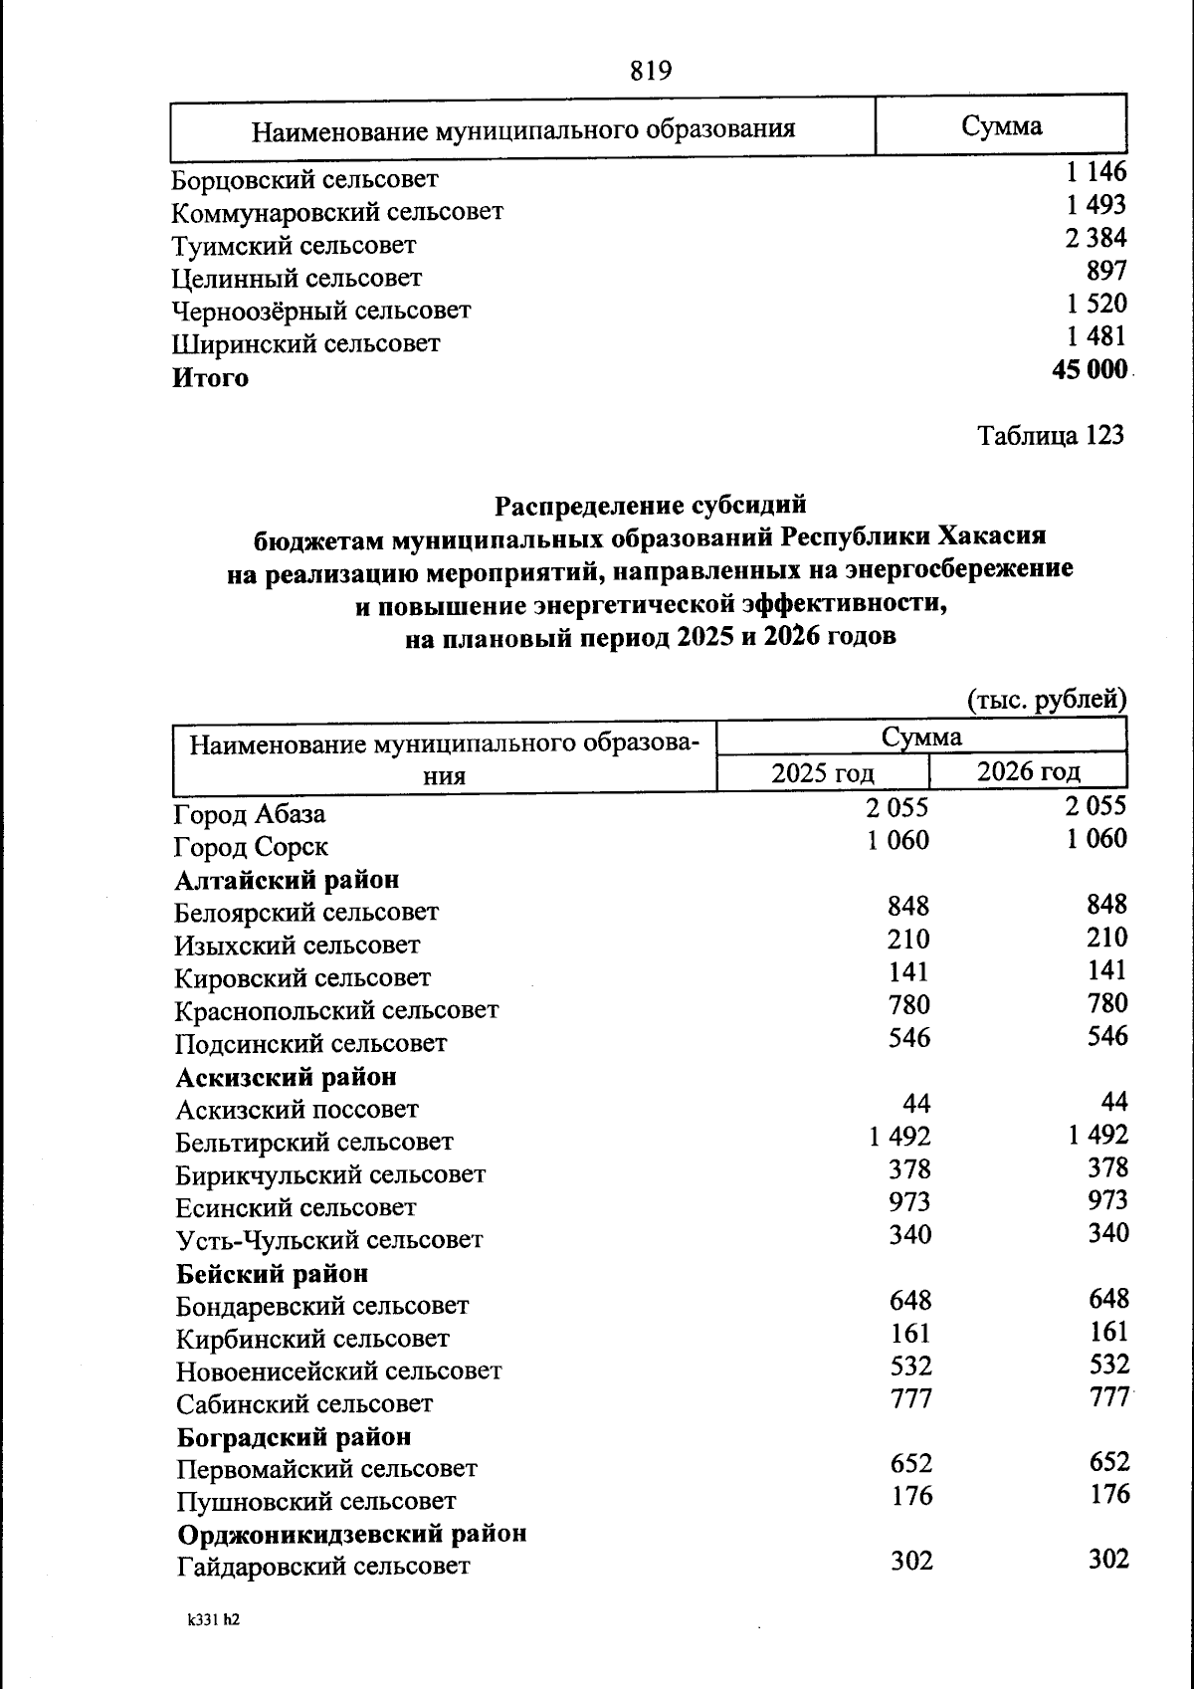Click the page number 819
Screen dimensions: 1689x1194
click(x=651, y=72)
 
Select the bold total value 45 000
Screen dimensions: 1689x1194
click(x=1089, y=370)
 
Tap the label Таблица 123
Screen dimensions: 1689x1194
click(x=1050, y=436)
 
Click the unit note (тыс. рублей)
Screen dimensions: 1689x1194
click(x=1047, y=700)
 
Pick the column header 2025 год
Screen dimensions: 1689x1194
click(x=823, y=772)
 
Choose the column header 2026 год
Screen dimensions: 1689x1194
click(x=1028, y=771)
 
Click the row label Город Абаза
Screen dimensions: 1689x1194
click(x=250, y=814)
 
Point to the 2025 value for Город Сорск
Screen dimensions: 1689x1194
click(x=897, y=841)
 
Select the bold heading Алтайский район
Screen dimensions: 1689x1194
click(x=288, y=880)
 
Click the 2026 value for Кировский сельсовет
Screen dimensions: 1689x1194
click(x=1107, y=970)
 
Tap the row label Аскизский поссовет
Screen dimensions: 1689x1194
click(x=298, y=1109)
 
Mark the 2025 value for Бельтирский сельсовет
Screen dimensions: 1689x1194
click(x=899, y=1136)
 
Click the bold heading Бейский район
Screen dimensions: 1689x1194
click(x=273, y=1273)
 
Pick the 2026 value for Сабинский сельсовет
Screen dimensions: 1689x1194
click(x=1108, y=1397)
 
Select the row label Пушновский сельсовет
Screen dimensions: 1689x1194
click(x=316, y=1501)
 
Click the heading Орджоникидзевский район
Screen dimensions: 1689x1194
click(x=352, y=1534)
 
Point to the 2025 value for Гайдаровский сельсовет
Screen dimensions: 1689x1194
click(x=911, y=1561)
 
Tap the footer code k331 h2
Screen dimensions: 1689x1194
click(x=213, y=1619)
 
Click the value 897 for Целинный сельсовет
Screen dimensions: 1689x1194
click(x=1106, y=271)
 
